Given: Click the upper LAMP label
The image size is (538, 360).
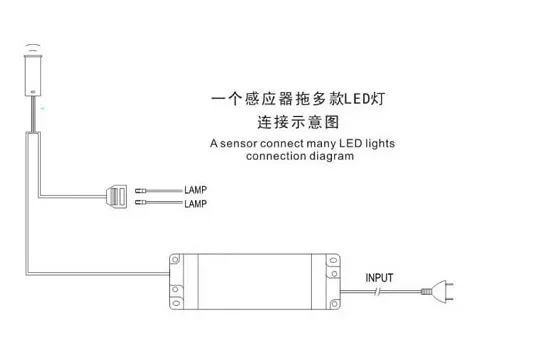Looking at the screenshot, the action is (x=195, y=190).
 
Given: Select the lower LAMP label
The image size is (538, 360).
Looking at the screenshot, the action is (x=195, y=204).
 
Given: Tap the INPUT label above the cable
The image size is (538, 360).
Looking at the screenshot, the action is (x=379, y=278).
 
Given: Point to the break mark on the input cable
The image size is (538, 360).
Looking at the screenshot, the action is (x=378, y=292).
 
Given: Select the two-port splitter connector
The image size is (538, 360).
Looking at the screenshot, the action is (x=117, y=196).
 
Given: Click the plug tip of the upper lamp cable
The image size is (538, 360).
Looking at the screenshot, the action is (x=141, y=190).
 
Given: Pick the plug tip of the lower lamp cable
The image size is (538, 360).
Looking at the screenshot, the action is (x=141, y=202).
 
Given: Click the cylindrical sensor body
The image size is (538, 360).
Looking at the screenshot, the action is (x=33, y=74).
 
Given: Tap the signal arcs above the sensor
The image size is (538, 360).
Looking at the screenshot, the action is (x=33, y=47).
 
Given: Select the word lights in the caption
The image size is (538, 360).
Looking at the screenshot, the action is (x=380, y=144).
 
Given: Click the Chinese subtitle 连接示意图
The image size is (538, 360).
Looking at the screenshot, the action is (x=298, y=123).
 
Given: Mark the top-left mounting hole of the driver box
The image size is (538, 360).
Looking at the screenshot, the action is (x=175, y=260).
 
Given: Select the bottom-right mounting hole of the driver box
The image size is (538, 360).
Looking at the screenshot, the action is (x=334, y=304).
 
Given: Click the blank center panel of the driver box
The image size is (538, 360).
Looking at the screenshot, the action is (x=255, y=282).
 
